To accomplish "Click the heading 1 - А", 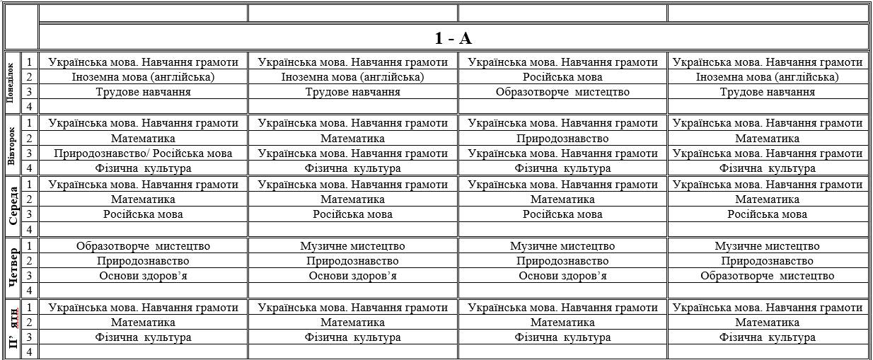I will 453,37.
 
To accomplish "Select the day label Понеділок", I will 11,83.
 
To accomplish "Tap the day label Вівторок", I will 11,144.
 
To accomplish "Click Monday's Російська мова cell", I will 562,77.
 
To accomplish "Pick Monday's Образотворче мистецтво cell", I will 562,92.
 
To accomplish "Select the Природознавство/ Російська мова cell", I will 143,153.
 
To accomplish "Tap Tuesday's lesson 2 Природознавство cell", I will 562,139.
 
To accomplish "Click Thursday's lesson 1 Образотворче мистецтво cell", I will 143,246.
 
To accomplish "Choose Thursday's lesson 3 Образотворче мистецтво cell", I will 767,276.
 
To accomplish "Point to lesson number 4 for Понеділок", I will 30,107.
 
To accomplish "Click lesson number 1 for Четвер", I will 30,246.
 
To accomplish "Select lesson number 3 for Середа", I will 30,214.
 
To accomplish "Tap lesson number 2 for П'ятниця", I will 30,323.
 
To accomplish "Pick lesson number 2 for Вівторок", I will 30,139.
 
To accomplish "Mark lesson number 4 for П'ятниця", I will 30,352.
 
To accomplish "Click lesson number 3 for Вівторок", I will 30,153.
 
